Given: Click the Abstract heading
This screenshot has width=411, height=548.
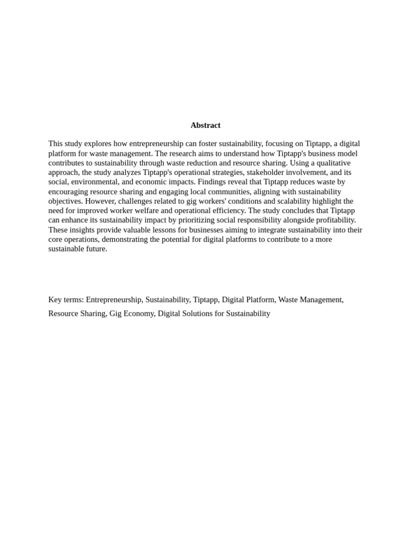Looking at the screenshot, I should pyautogui.click(x=205, y=125).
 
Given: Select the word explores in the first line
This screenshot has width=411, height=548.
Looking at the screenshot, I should pyautogui.click(x=98, y=144).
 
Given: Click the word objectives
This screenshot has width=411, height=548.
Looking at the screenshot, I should pyautogui.click(x=65, y=201).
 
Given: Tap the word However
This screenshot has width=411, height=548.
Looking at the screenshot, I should pyautogui.click(x=100, y=201).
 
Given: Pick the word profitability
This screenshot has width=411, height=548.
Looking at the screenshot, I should pyautogui.click(x=334, y=220).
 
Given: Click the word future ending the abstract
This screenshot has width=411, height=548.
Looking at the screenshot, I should pyautogui.click(x=96, y=249).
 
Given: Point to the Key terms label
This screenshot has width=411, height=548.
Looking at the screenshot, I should pyautogui.click(x=66, y=300).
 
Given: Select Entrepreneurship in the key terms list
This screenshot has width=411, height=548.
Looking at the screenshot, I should pyautogui.click(x=113, y=300).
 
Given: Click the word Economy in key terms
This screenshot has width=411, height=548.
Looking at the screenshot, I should pyautogui.click(x=139, y=314).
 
